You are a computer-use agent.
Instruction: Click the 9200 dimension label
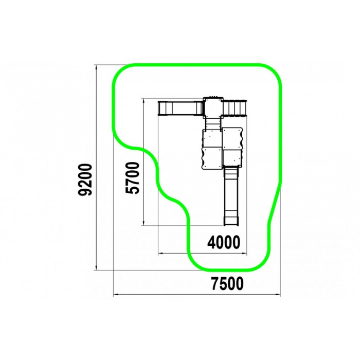pyautogui.click(x=85, y=179)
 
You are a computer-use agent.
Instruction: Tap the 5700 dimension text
pyautogui.click(x=133, y=178)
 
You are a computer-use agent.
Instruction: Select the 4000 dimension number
pyautogui.click(x=224, y=242)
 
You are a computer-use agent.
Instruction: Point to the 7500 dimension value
pyautogui.click(x=227, y=283)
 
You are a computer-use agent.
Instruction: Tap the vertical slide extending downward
pyautogui.click(x=231, y=195)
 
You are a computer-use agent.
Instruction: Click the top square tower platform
pyautogui.click(x=213, y=107)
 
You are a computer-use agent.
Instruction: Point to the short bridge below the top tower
pyautogui.click(x=213, y=124)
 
